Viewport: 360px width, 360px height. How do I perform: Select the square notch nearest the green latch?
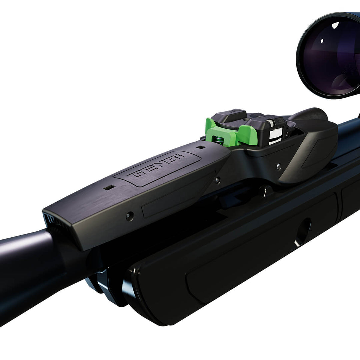tap(201, 147)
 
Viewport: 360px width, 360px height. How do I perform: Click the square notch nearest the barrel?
tap(109, 188)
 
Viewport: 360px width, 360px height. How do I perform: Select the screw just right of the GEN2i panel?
tap(217, 180)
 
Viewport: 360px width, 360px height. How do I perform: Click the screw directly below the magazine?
tap(278, 166)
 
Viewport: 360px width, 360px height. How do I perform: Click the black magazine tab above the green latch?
tap(230, 115)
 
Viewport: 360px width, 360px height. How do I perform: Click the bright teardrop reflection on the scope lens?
tap(335, 25)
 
